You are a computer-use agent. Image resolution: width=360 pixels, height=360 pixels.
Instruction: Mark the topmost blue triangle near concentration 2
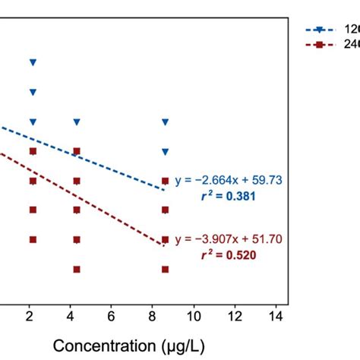point(32,62)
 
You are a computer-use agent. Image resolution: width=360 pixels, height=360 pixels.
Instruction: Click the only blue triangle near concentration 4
point(77,122)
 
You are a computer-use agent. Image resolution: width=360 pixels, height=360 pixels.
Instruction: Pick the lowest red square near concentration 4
point(77,269)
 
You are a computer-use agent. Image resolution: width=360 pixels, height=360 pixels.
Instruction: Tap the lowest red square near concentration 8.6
point(166,269)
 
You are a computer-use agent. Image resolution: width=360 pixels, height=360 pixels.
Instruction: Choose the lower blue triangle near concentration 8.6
point(166,151)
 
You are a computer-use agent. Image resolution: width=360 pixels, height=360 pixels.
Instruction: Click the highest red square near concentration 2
point(32,151)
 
